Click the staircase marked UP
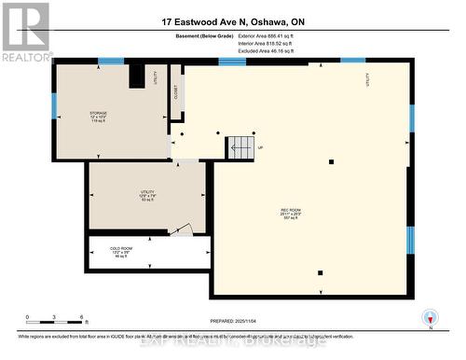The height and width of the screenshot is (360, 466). (x=240, y=147)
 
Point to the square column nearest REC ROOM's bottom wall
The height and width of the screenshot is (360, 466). (x=320, y=272)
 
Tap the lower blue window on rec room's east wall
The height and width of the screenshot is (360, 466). (x=409, y=240)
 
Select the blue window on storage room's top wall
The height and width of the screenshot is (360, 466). (x=111, y=62)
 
